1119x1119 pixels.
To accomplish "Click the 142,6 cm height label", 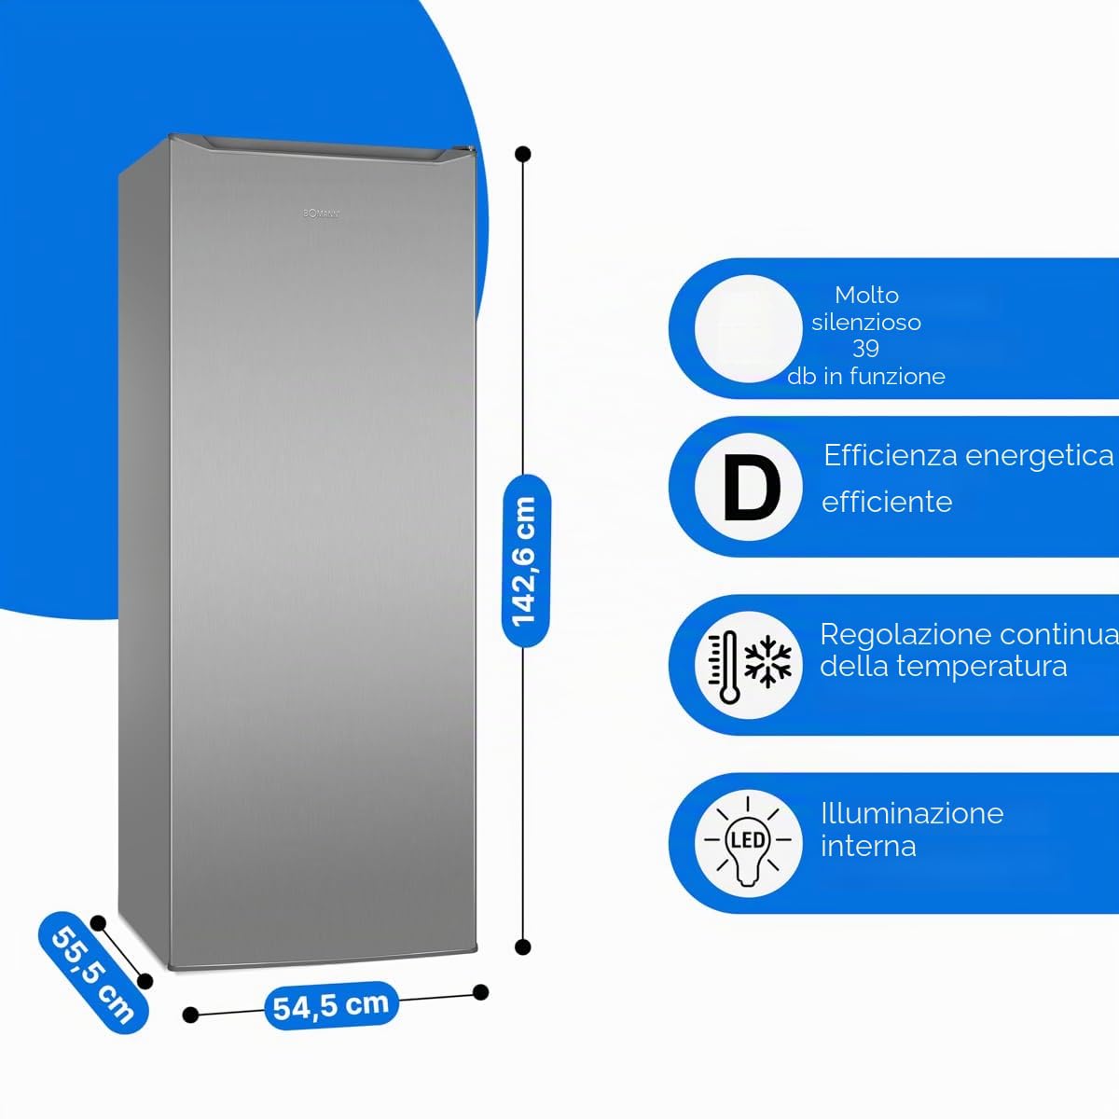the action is coord(526,561).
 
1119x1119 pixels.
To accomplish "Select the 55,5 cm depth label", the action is coord(93,973).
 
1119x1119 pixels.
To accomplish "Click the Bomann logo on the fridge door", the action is coord(321,214).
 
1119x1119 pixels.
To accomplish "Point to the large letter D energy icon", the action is coord(752,488).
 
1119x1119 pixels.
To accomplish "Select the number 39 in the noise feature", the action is coord(865,349).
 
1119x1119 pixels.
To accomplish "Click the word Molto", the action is coord(866,295).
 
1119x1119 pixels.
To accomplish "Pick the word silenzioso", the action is coord(865,322).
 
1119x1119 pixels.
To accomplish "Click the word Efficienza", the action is coord(891,455).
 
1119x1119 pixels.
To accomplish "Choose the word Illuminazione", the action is coord(912,813).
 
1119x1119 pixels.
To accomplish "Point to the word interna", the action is coord(868,846).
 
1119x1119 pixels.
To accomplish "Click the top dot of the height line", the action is coord(522,154).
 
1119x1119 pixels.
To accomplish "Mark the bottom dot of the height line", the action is coord(522,947).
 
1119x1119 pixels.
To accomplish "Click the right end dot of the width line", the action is coord(480,992).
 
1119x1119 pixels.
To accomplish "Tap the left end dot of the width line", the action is coord(190,1015).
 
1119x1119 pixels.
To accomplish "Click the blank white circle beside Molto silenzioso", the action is coord(749,328).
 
